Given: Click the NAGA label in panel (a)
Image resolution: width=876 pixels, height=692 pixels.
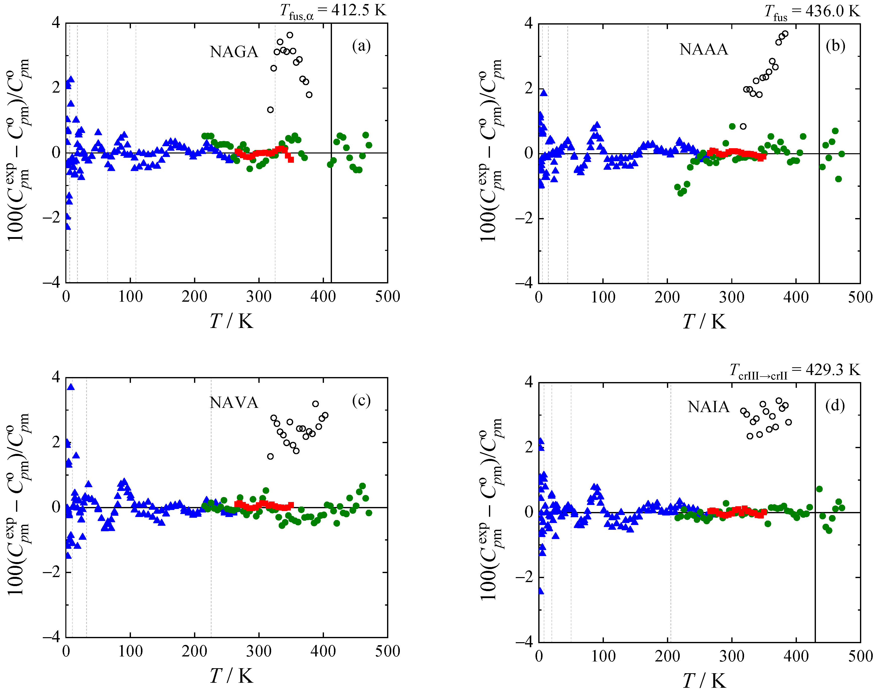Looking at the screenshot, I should pos(234,52).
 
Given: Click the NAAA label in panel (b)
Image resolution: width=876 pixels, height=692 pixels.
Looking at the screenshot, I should pos(704,49).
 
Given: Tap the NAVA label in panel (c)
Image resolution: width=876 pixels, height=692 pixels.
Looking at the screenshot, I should pos(234,403).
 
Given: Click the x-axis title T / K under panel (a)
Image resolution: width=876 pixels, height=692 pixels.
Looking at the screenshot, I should pos(231,321).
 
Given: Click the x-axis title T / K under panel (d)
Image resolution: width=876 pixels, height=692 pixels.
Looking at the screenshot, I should pos(704,681).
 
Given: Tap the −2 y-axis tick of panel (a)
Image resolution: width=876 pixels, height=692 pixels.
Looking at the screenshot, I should pos(52,218).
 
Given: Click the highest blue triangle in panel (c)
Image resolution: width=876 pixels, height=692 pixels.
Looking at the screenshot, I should pos(71,387).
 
